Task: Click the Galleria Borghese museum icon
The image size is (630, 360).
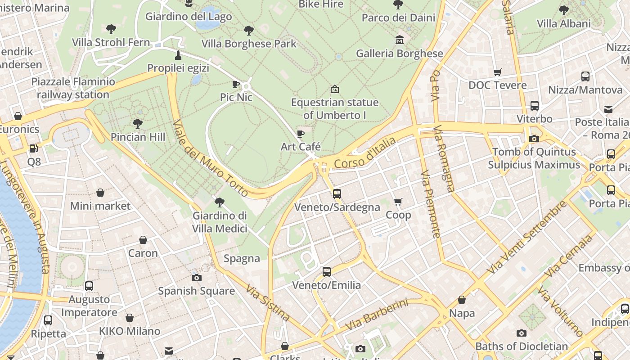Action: tap(399, 40)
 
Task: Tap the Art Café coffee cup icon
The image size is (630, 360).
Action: tap(301, 134)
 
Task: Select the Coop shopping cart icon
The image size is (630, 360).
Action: tap(398, 202)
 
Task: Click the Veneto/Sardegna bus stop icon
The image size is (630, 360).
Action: tap(337, 194)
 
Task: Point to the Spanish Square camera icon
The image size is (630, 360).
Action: tap(197, 278)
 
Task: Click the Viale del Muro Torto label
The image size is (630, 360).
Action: tap(210, 158)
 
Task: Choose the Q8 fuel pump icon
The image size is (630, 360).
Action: tap(34, 148)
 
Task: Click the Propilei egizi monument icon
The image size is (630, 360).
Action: tap(178, 55)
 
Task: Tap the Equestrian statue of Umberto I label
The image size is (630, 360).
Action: tap(335, 108)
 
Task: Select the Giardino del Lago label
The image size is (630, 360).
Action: tap(189, 17)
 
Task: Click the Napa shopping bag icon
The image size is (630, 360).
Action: tap(462, 300)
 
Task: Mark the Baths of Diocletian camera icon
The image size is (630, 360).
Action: tap(522, 333)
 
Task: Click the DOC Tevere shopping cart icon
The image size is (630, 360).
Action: tap(497, 72)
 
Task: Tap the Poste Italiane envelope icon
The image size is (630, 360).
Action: tap(608, 109)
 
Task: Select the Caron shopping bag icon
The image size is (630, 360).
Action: tap(143, 240)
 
